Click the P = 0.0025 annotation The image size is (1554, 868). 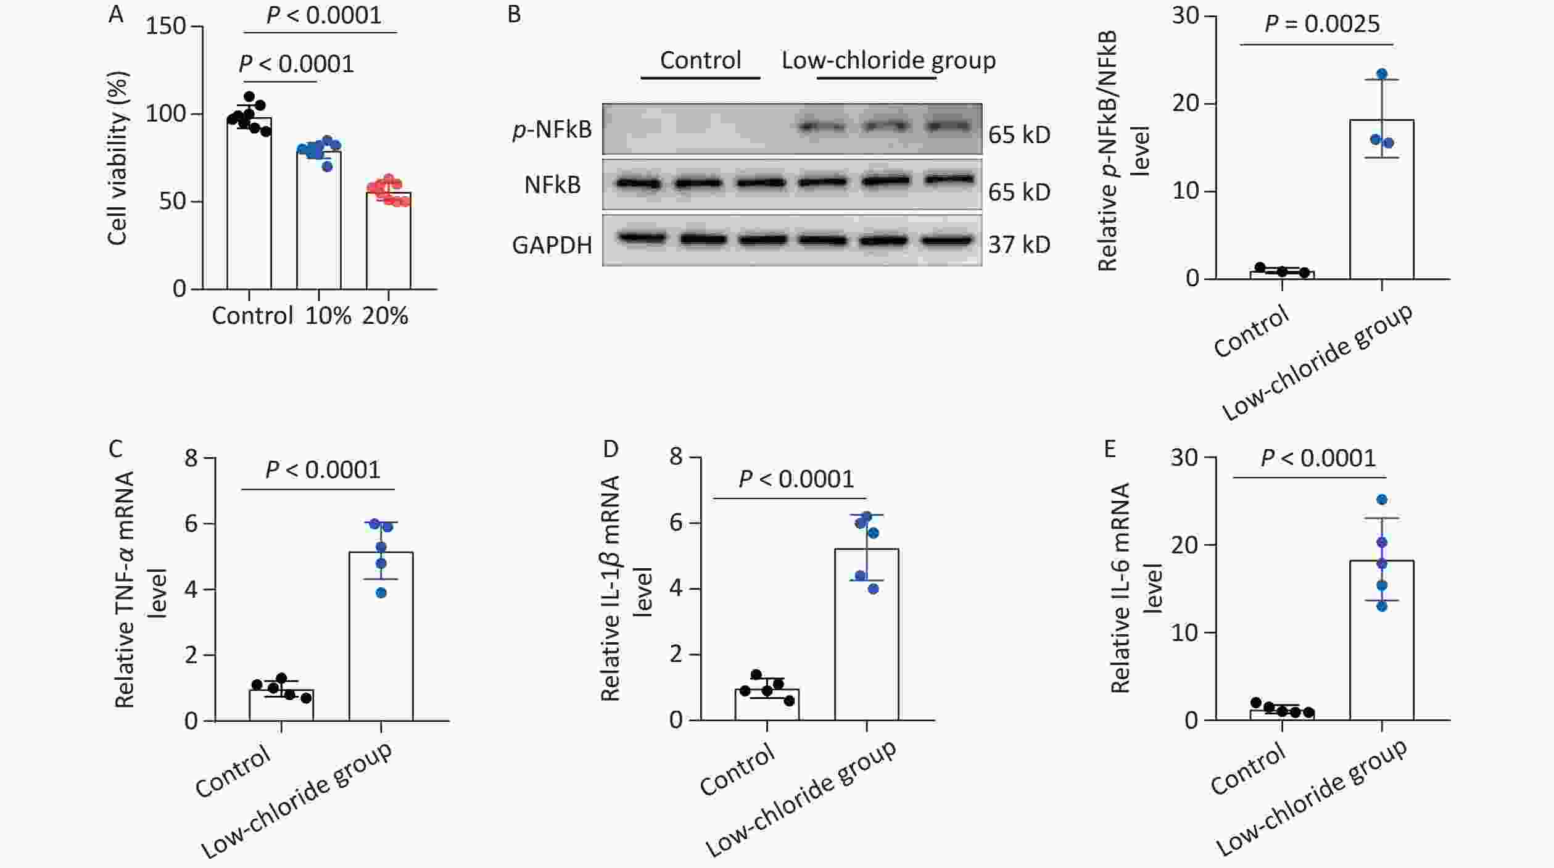pyautogui.click(x=1321, y=24)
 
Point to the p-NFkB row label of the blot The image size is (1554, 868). pyautogui.click(x=552, y=130)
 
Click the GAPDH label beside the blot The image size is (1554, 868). pyautogui.click(x=552, y=245)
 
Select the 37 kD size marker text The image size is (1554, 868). pyautogui.click(x=1019, y=245)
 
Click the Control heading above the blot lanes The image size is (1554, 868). pyautogui.click(x=700, y=60)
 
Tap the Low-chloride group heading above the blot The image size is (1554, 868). pyautogui.click(x=888, y=60)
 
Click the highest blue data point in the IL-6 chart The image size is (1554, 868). pyautogui.click(x=1382, y=499)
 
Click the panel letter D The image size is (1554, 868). pyautogui.click(x=611, y=449)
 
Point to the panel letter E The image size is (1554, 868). pyautogui.click(x=1110, y=449)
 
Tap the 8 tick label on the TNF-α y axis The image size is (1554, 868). pyautogui.click(x=191, y=458)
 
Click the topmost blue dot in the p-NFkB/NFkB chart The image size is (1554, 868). pyautogui.click(x=1382, y=74)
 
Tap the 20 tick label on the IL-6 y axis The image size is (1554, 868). pyautogui.click(x=1184, y=545)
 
